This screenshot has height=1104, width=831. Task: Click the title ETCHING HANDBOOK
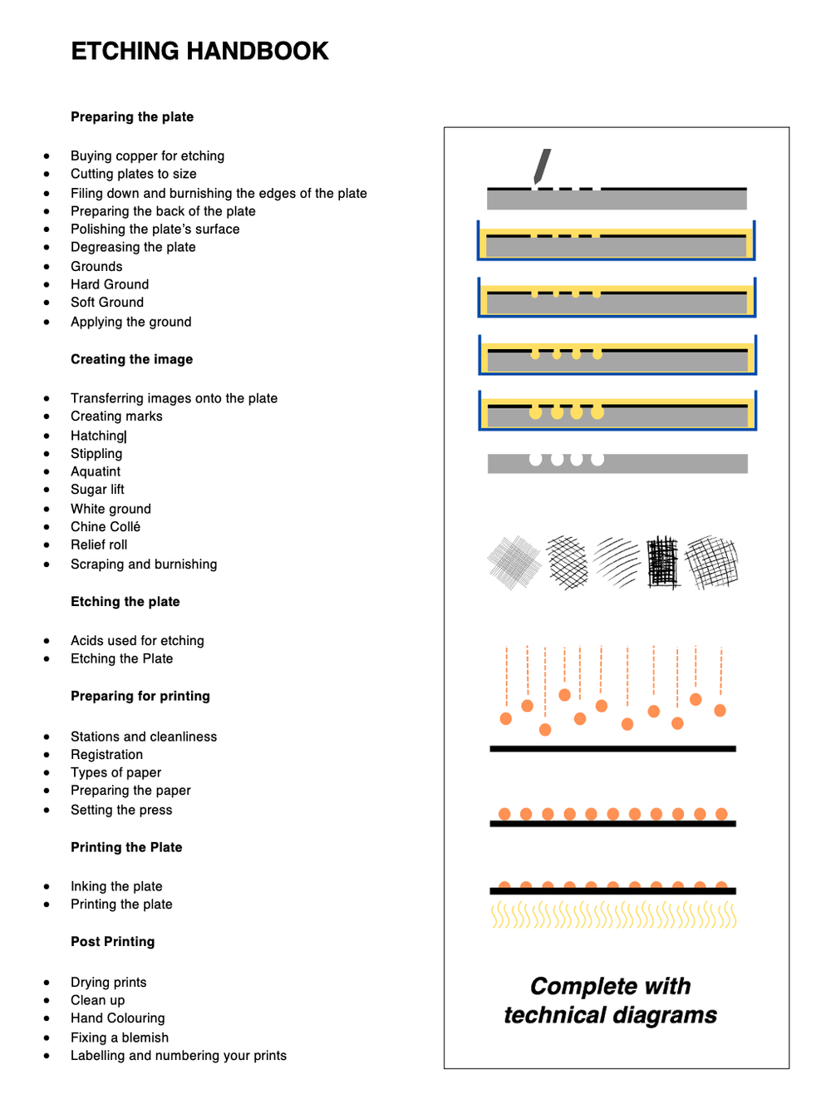[199, 52]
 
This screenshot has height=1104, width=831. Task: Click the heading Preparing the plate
[132, 117]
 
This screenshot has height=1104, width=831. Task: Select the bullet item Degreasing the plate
[133, 247]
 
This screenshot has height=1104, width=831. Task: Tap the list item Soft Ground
[107, 303]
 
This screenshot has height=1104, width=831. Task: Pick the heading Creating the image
[131, 359]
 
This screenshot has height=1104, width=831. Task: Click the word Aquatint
[96, 471]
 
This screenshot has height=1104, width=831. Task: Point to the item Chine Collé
[106, 527]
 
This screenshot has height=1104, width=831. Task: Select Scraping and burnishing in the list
[144, 564]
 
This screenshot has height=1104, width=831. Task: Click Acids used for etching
[137, 641]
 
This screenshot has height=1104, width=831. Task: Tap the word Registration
[106, 755]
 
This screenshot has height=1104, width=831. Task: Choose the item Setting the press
[121, 811]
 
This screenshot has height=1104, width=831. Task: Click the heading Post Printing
[112, 942]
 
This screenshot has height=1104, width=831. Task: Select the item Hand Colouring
[117, 1018]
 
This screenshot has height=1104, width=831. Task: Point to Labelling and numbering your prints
[179, 1056]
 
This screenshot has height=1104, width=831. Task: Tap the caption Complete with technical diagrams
[611, 1001]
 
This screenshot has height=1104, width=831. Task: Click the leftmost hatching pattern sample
[514, 563]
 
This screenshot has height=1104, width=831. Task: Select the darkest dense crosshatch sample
[663, 563]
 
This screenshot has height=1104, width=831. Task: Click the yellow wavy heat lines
[613, 915]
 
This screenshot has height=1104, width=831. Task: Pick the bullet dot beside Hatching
[47, 436]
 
